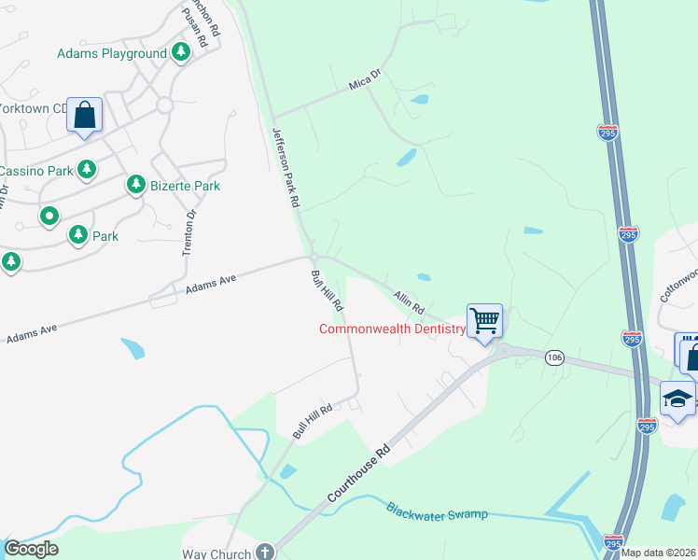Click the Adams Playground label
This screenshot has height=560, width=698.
[112, 54]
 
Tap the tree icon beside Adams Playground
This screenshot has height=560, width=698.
[180, 53]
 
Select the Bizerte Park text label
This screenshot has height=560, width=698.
[185, 186]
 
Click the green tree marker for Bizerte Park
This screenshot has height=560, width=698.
[136, 185]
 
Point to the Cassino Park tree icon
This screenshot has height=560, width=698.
[87, 170]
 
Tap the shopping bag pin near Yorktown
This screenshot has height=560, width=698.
[84, 117]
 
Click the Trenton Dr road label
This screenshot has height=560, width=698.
[189, 232]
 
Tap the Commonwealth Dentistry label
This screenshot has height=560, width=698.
[392, 329]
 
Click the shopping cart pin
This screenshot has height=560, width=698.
[484, 321]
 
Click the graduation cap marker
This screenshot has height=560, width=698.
[677, 399]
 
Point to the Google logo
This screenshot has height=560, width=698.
[31, 550]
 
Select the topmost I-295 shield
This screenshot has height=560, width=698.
[607, 132]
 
